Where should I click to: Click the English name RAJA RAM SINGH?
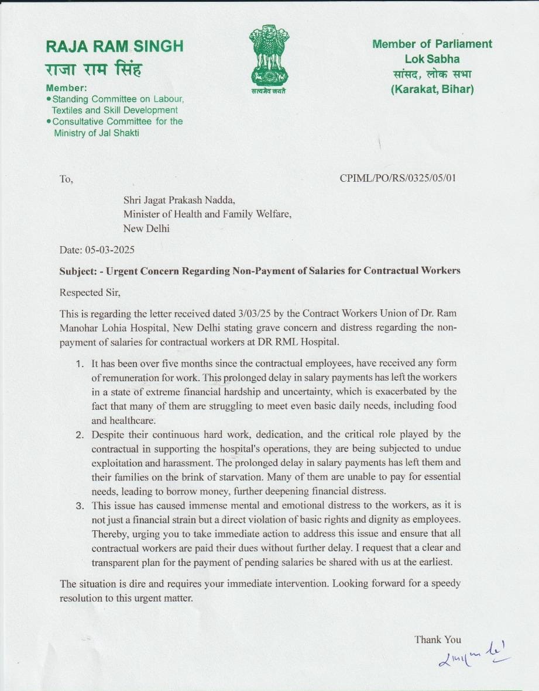[x=114, y=46]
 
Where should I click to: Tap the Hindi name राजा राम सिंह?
[x=94, y=70]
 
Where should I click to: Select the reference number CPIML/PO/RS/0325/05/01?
[x=397, y=178]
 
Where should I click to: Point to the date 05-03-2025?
[x=111, y=250]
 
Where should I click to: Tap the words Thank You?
[x=438, y=640]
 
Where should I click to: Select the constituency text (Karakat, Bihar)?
[x=432, y=89]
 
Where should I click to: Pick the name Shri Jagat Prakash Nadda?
[x=179, y=200]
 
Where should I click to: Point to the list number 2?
[x=80, y=434]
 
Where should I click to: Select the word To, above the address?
[x=66, y=179]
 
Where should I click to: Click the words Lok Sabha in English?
[x=432, y=59]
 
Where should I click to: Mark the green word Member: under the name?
[x=66, y=88]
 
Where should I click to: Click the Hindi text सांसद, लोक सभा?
[x=432, y=74]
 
